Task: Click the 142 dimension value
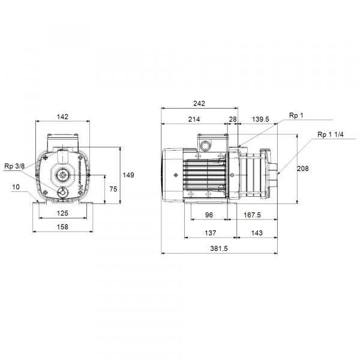click(62, 116)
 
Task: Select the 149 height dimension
click(128, 175)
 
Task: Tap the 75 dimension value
click(112, 189)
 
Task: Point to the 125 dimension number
click(62, 213)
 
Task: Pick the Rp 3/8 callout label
click(14, 166)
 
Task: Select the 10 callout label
click(16, 187)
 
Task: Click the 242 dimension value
click(200, 103)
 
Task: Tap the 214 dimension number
click(194, 119)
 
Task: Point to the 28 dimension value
click(233, 119)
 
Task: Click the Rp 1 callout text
click(296, 116)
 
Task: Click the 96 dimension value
click(209, 215)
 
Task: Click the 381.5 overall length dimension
click(219, 248)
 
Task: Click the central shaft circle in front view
click(62, 175)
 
